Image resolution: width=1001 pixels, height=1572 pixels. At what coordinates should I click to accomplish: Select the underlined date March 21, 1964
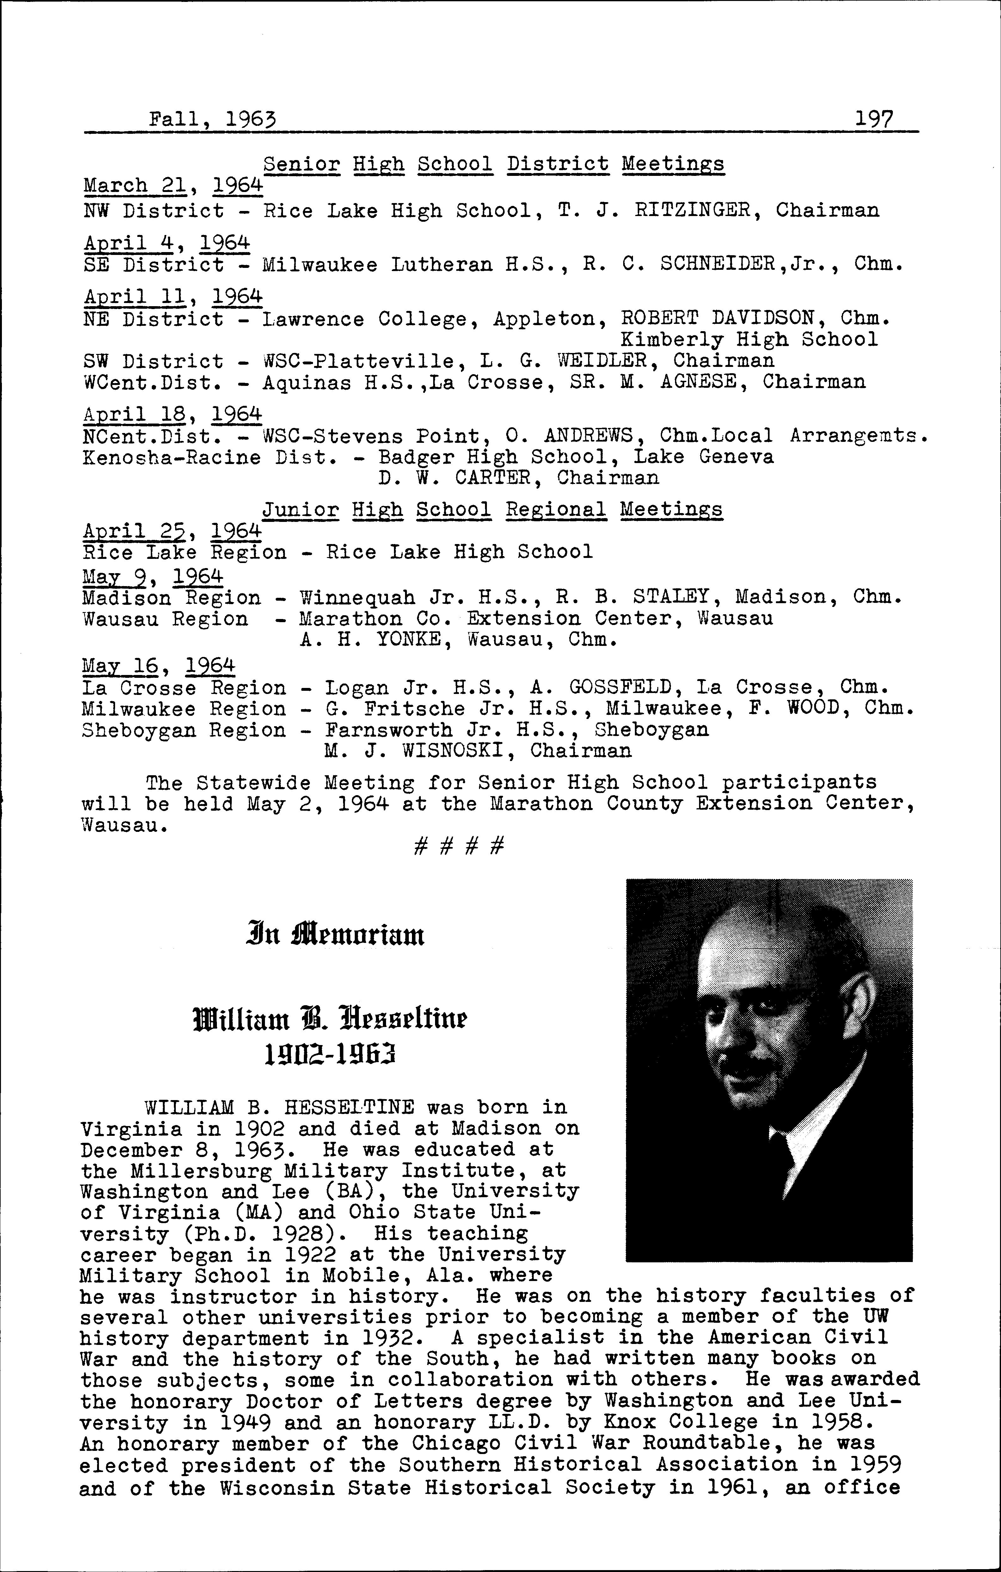click(173, 185)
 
